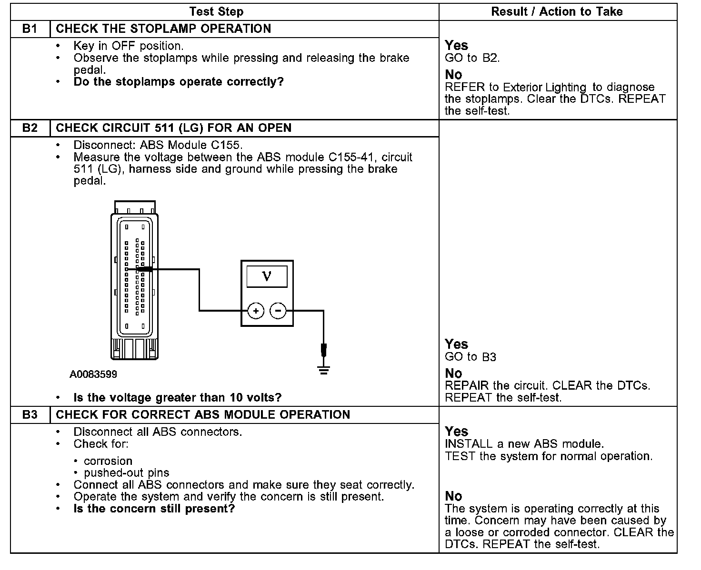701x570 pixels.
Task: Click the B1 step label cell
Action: click(x=30, y=29)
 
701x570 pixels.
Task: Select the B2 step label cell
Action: click(x=30, y=128)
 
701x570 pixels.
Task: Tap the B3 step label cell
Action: click(x=30, y=414)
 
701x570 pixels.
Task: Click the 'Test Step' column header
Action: click(x=216, y=11)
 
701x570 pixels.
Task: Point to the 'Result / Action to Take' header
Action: click(x=557, y=11)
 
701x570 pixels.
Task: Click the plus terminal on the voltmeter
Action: click(x=256, y=311)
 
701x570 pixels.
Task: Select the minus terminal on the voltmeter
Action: click(x=278, y=311)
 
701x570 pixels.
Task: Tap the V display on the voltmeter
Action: click(x=267, y=276)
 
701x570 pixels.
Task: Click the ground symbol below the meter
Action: click(x=324, y=370)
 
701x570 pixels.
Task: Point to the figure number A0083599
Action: click(x=93, y=374)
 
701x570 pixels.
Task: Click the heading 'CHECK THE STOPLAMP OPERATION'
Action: click(x=163, y=29)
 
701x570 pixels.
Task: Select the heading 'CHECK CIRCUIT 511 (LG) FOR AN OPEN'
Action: click(x=173, y=128)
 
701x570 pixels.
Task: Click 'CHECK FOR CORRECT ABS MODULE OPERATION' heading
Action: click(x=203, y=414)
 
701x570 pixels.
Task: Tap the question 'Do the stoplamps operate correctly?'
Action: click(x=179, y=82)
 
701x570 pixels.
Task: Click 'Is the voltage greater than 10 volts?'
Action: click(x=178, y=397)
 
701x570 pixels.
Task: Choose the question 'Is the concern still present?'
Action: click(x=154, y=509)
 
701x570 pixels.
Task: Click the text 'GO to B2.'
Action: click(x=472, y=58)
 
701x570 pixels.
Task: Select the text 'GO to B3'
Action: click(x=470, y=357)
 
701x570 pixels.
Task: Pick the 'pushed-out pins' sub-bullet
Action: click(x=126, y=473)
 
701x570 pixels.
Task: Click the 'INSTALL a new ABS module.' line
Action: click(x=524, y=444)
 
